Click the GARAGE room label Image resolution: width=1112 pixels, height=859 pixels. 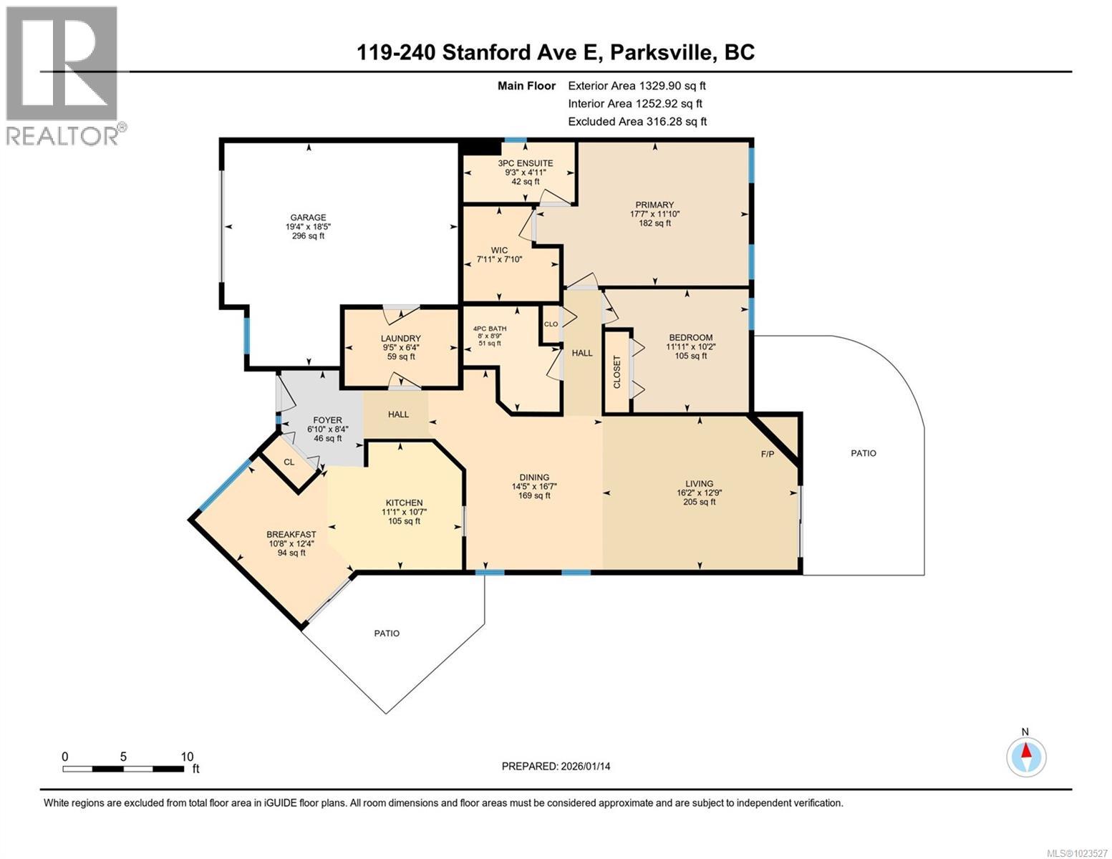pos(308,218)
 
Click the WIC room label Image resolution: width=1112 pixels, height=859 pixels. pos(499,251)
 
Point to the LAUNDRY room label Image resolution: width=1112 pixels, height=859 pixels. pos(400,339)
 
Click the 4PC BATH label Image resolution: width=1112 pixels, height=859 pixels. pos(490,329)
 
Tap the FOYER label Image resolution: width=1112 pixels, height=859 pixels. pos(327,420)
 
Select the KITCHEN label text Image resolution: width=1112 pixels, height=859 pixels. pos(404,503)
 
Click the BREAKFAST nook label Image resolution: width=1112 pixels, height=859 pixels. pos(291,534)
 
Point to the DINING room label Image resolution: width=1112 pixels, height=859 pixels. pos(534,477)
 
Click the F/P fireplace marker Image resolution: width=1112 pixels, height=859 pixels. pos(767,454)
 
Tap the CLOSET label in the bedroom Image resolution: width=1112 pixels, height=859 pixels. pos(617,372)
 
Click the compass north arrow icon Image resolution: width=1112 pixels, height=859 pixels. pos(1026,757)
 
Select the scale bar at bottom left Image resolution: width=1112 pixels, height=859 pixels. pos(122,769)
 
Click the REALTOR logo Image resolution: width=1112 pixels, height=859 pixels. pos(63,75)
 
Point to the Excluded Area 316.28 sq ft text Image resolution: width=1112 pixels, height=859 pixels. pos(637,122)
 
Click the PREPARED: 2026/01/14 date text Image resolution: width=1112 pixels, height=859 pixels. pos(556,766)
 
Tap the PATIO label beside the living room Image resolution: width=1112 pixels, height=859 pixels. pos(863,453)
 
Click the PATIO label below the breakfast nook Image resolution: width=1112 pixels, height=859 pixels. pos(387,633)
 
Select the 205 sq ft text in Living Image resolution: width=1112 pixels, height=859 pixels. pos(699,502)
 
